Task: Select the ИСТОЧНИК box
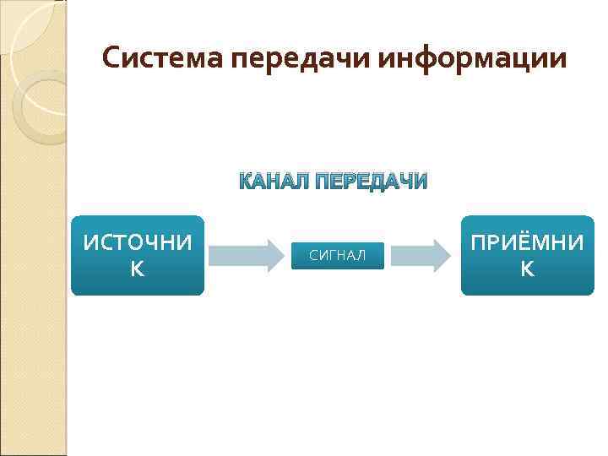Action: pos(138,255)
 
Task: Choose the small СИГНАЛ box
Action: pos(338,256)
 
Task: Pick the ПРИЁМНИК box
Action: pos(527,255)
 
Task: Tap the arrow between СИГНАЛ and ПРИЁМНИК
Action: pos(421,255)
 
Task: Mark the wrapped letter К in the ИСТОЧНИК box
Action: pos(138,269)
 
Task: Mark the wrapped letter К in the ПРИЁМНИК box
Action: pos(527,269)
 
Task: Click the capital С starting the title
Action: pos(111,58)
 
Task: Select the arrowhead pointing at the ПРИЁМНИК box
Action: pos(441,255)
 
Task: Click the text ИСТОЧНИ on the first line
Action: pos(138,243)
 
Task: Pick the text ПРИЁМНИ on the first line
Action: pos(527,243)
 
